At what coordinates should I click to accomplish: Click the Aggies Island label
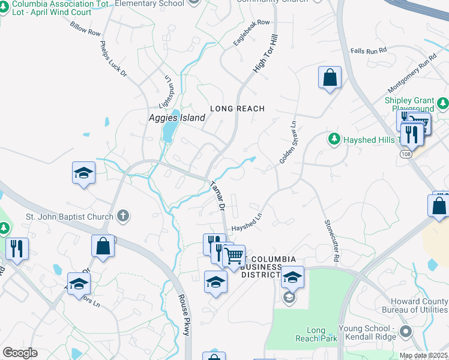(176, 118)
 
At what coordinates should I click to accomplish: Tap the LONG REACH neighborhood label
(237, 109)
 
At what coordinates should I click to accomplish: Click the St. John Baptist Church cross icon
(123, 216)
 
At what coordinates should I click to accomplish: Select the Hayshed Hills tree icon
(334, 139)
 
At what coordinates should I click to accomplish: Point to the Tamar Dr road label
(217, 197)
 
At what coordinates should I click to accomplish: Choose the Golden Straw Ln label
(288, 144)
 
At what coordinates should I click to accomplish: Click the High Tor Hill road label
(266, 54)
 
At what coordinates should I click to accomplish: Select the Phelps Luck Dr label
(113, 59)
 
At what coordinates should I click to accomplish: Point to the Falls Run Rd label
(368, 52)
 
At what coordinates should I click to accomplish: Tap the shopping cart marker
(234, 256)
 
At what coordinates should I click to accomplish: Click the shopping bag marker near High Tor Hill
(330, 77)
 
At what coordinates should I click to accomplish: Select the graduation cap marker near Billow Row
(83, 173)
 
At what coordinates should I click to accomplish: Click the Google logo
(20, 352)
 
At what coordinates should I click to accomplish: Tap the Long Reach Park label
(315, 334)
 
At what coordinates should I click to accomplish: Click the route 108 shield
(405, 154)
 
